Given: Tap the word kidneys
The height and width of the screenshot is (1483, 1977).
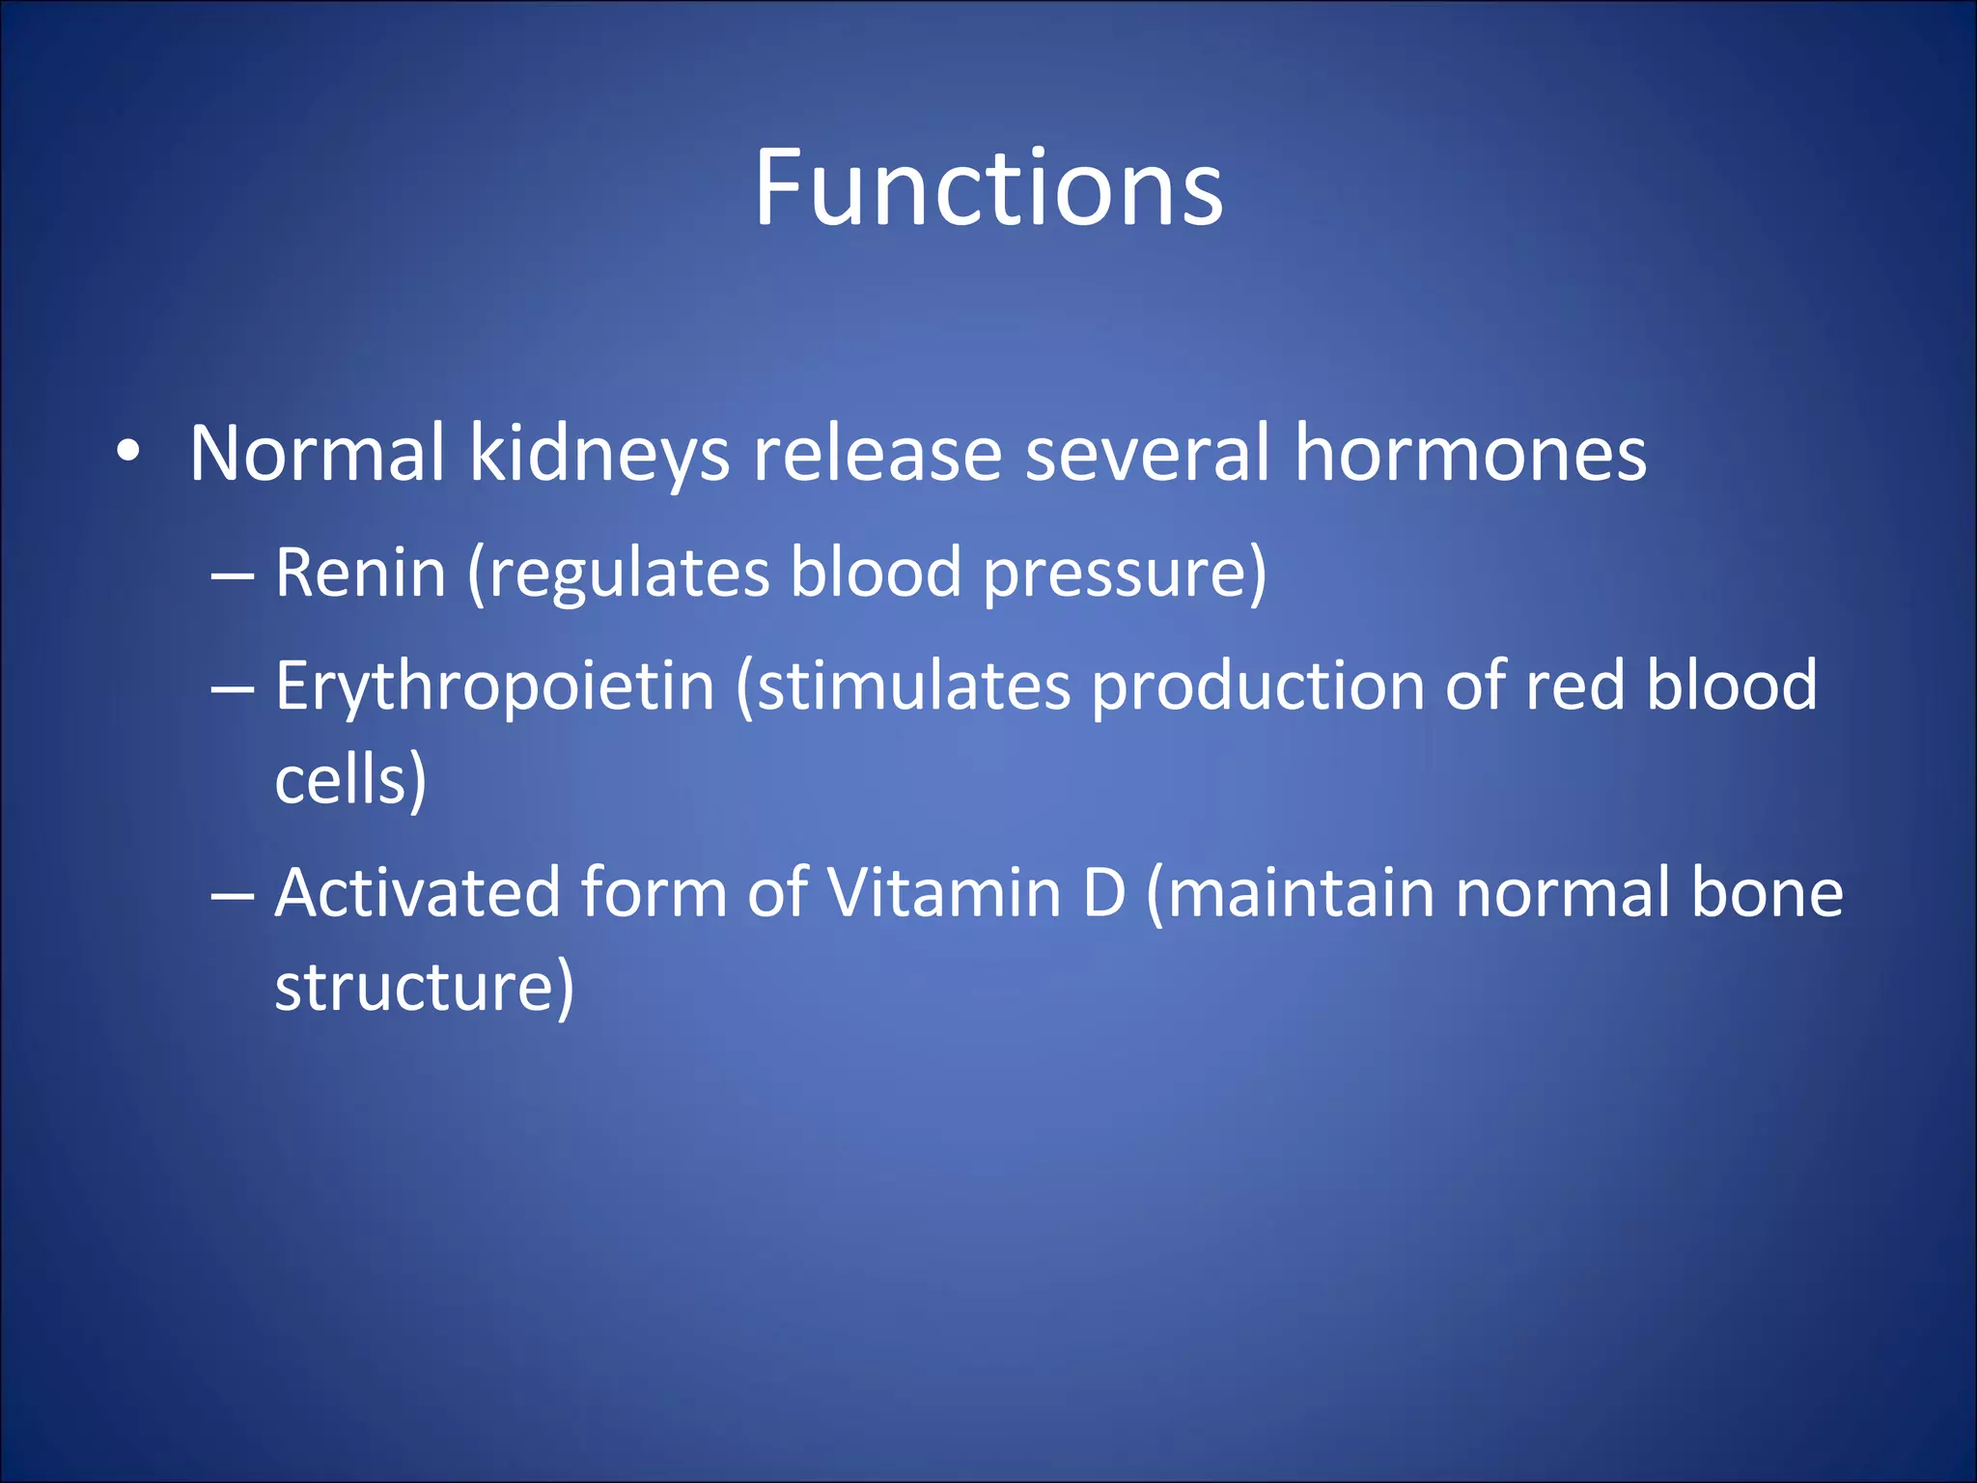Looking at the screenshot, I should [599, 454].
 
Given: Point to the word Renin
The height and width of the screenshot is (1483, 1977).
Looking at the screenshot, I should [360, 574].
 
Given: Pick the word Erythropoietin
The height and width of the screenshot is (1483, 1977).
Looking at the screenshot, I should [494, 686].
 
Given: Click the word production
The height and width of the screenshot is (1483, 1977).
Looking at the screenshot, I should [1258, 687].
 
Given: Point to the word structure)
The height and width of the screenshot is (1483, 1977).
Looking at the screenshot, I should [424, 987].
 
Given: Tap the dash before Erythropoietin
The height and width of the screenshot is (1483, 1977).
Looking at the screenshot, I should [232, 689].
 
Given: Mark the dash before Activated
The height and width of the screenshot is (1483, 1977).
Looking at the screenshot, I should [232, 896].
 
